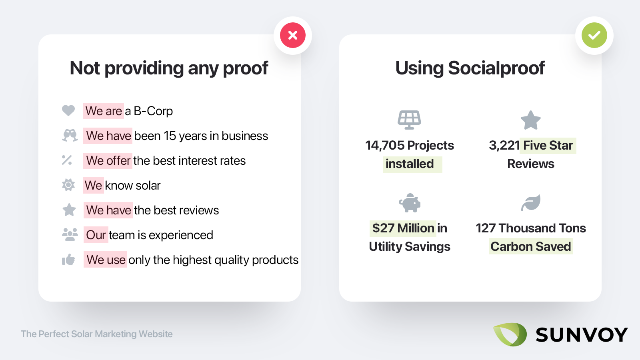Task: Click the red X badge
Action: point(292,35)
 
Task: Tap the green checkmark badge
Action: point(594,35)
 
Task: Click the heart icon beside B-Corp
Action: point(68,110)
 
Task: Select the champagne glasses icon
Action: point(70,136)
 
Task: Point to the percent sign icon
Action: point(67,160)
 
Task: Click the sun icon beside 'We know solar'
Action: point(68,185)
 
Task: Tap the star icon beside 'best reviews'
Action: point(69,210)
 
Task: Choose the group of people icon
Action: point(70,234)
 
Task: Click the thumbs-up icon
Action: point(68,260)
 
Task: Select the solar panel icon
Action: point(409,120)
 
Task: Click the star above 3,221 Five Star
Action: point(530,120)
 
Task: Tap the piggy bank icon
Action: point(410,203)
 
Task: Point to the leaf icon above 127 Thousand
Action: point(530,203)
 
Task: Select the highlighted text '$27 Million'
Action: point(403,228)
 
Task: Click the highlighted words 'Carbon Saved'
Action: point(530,246)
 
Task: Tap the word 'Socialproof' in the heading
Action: point(496,68)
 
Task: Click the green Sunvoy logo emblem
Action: point(510,334)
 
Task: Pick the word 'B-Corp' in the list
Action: point(153,111)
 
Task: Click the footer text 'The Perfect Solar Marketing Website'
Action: point(96,334)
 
